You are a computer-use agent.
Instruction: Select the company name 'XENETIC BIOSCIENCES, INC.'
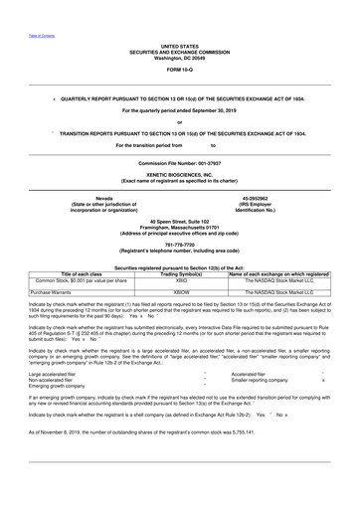point(179,174)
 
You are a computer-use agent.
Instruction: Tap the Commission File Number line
point(179,160)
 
